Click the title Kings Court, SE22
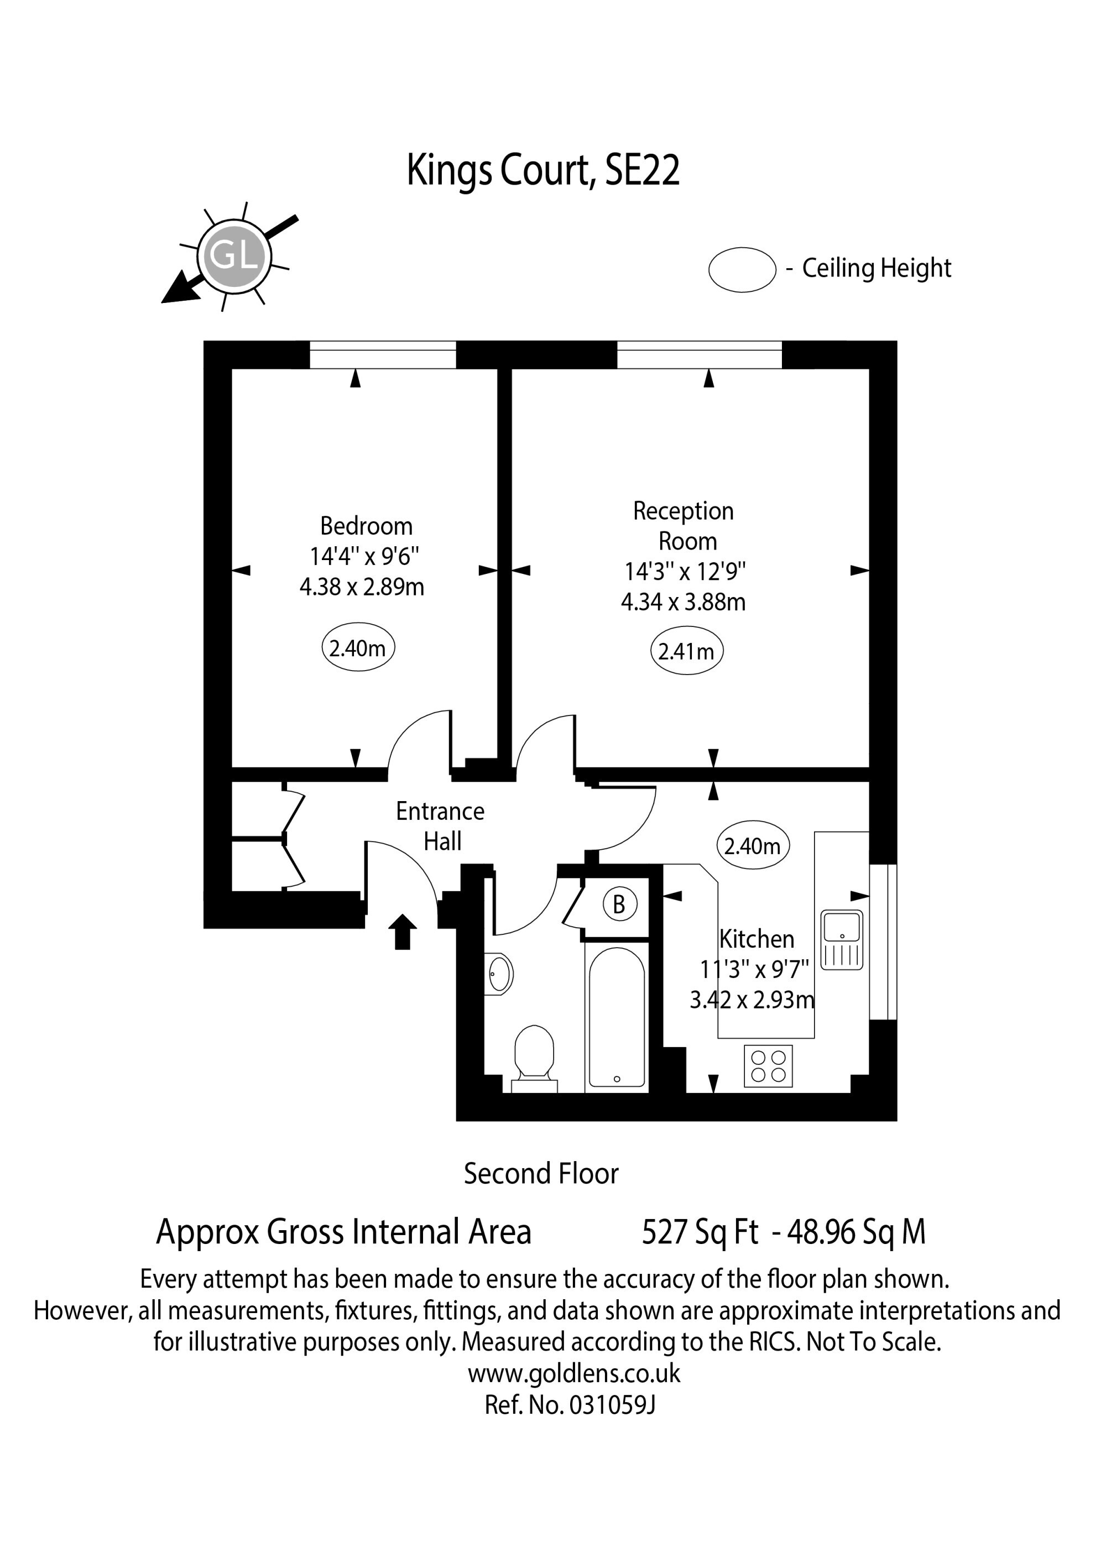544,170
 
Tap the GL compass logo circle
234,257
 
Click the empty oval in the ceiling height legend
742,270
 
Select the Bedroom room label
367,526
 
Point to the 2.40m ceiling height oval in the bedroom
358,647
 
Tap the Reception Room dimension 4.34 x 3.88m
683,602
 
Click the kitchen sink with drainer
842,939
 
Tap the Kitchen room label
757,939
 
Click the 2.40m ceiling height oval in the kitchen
753,845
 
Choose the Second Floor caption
541,1174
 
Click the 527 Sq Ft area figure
700,1232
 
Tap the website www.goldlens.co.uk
574,1373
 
